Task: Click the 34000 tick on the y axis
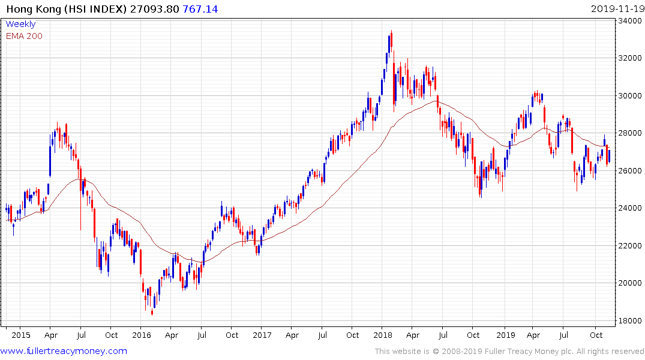630,21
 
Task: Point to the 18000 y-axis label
630,320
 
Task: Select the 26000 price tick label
630,170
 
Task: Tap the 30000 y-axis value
630,96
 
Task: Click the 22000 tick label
630,245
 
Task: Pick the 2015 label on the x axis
21,335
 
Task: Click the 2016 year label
142,335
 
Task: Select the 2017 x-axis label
262,335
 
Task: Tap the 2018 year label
383,335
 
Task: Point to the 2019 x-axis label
506,335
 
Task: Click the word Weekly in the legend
20,25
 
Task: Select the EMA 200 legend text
24,36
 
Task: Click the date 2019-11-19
616,9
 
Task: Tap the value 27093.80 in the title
154,9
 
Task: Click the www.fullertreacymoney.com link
64,351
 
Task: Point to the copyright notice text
509,351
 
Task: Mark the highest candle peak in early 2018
392,31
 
